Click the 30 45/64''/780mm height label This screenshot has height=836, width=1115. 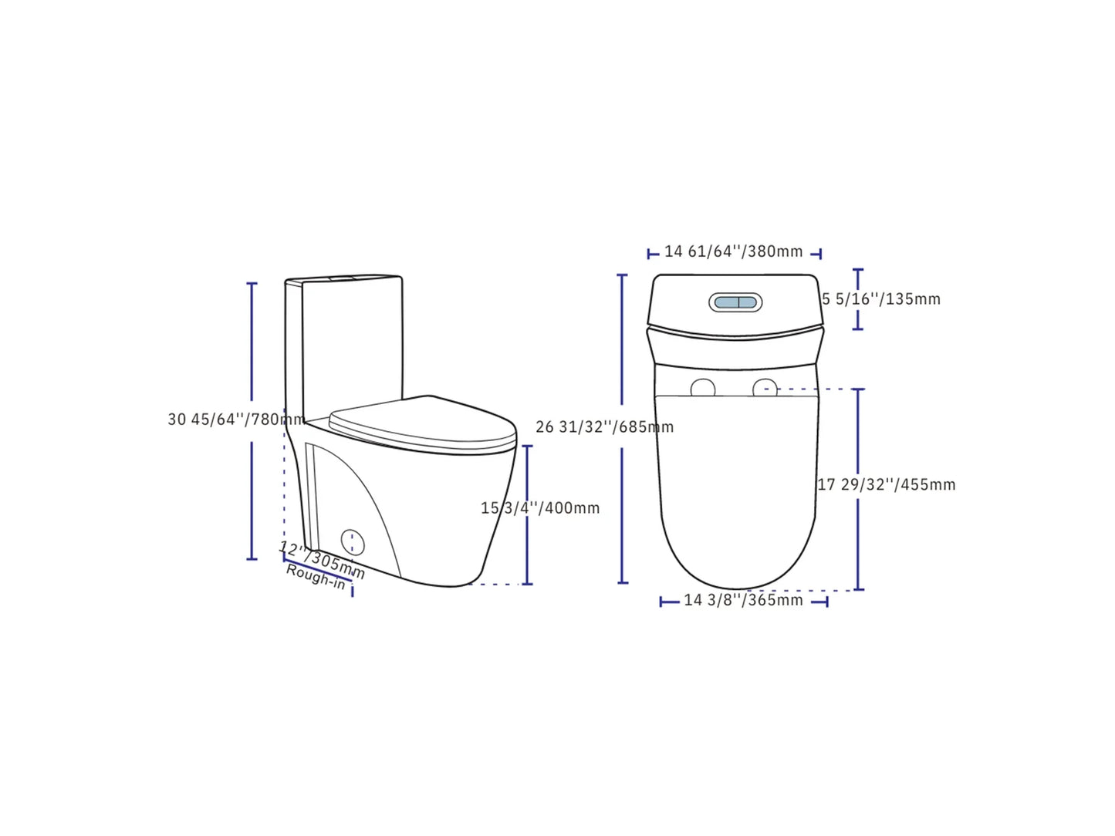click(x=235, y=420)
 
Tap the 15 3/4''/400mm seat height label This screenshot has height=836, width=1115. click(x=540, y=508)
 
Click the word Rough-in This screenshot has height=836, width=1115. click(x=316, y=577)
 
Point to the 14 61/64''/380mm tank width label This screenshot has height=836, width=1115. click(x=733, y=252)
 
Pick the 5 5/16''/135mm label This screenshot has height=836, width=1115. click(x=881, y=299)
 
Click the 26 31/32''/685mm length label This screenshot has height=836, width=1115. click(x=604, y=427)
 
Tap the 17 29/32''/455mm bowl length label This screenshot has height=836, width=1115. click(x=887, y=485)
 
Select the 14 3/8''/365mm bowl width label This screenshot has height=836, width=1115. click(x=743, y=600)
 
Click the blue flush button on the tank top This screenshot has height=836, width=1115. click(x=735, y=302)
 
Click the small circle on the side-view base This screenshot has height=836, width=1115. click(x=353, y=541)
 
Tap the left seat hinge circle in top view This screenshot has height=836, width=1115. click(x=702, y=388)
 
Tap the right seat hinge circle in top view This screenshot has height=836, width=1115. click(x=765, y=388)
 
